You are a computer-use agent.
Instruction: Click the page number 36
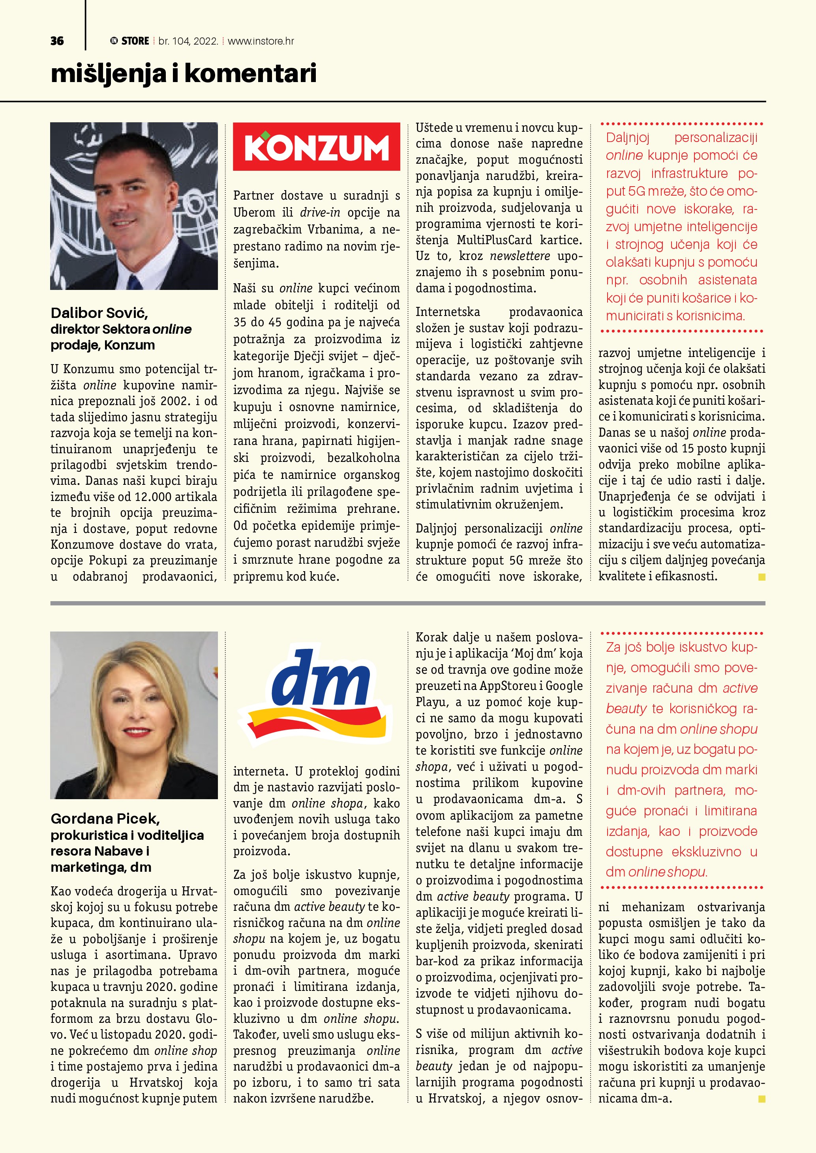tap(57, 41)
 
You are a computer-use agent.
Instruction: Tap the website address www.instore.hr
tap(261, 41)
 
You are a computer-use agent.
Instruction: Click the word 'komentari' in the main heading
tap(250, 74)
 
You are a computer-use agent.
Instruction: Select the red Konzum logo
tap(317, 147)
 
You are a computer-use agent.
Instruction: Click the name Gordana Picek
tap(105, 819)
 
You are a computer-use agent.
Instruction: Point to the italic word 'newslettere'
tap(520, 256)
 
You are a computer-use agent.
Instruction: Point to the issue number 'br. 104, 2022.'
tap(188, 41)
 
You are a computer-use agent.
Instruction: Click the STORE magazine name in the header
tap(135, 41)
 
